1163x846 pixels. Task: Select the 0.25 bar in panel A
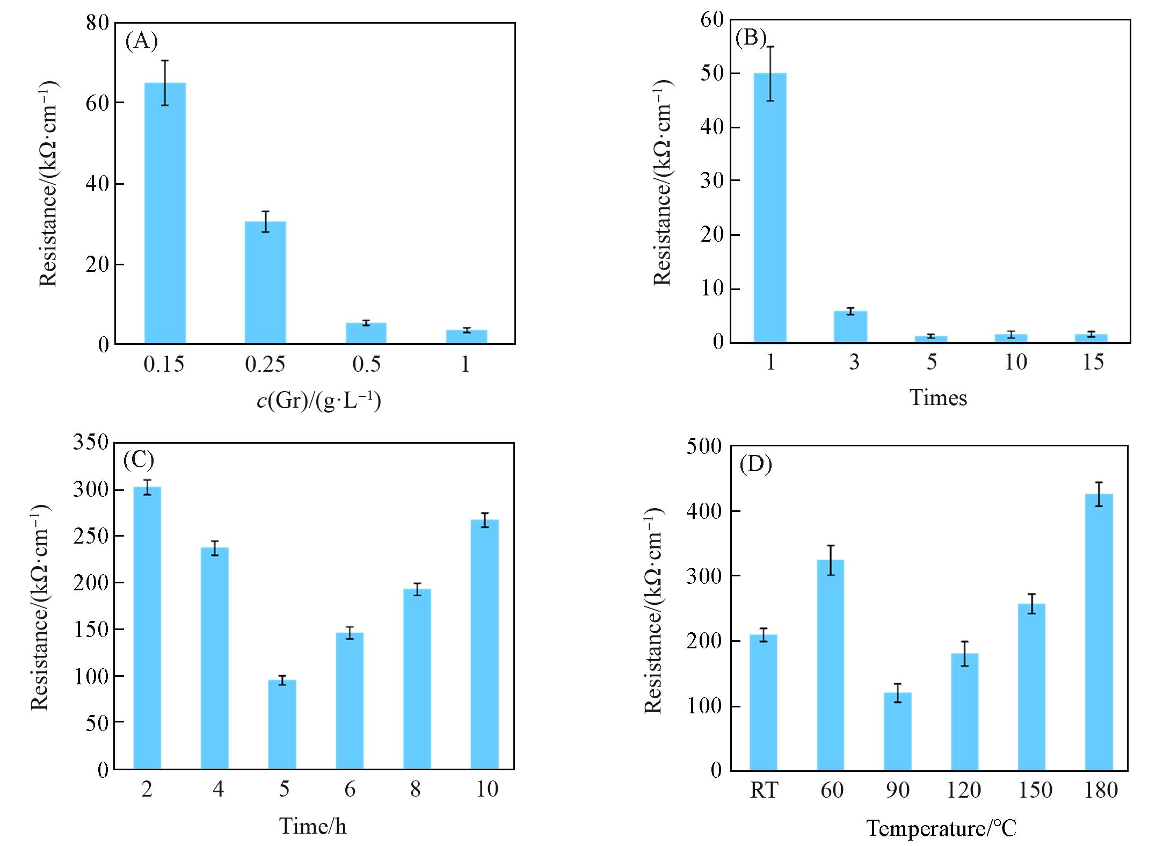coord(265,283)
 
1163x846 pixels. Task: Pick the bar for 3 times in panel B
coord(850,327)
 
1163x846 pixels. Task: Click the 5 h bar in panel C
coord(282,725)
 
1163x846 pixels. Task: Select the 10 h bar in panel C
coord(484,644)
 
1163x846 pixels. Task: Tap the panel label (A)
coord(141,41)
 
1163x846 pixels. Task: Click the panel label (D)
coord(755,464)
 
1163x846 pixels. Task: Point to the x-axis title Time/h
coord(313,826)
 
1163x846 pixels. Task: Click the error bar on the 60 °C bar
coord(830,560)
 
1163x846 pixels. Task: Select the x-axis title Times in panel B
coord(938,398)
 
